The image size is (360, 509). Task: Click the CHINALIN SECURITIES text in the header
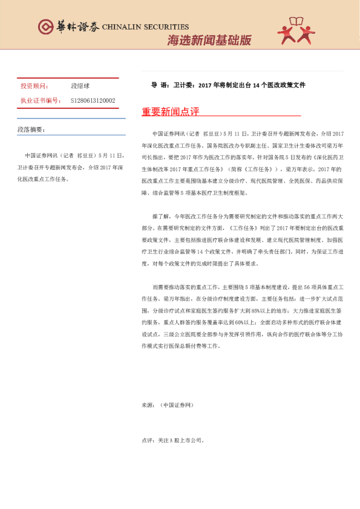pos(145,27)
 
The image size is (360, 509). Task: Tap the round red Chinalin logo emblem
pos(45,27)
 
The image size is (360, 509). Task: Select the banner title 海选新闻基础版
pos(209,41)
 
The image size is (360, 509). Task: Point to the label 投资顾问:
pos(34,86)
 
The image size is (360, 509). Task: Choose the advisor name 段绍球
pos(80,86)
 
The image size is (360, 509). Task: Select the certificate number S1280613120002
pos(93,100)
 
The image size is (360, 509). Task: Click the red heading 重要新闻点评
pos(170,111)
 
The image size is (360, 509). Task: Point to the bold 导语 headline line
pos(228,85)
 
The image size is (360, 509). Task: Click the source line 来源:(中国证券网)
pos(168,404)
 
